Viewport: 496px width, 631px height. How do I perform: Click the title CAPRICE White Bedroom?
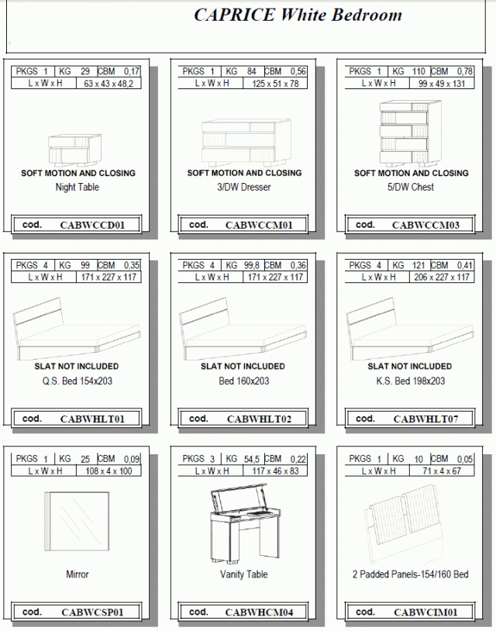pos(298,15)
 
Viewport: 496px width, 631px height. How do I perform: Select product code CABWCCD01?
pos(92,225)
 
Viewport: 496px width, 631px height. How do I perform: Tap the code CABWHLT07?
pos(425,419)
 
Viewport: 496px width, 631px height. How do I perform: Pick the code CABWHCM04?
pos(259,612)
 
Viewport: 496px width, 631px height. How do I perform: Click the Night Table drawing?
pos(75,150)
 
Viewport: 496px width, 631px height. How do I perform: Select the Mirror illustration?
pos(77,521)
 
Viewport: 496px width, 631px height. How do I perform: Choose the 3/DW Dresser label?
pos(244,187)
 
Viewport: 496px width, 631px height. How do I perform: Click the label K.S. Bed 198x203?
pos(410,381)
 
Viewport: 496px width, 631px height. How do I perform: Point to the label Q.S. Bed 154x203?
pos(77,381)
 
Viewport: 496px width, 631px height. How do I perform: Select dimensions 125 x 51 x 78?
pos(275,84)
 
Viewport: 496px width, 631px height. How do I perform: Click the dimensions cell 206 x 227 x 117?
pos(442,278)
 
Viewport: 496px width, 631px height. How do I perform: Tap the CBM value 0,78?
pos(465,71)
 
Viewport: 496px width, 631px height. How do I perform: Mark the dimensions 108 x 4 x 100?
pos(108,471)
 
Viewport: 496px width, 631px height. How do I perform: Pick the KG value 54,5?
pos(251,459)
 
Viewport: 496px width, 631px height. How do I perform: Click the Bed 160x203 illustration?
pos(243,329)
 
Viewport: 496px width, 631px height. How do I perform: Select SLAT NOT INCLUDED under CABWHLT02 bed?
pos(243,367)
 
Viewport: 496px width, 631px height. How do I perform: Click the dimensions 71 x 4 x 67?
pos(442,471)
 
